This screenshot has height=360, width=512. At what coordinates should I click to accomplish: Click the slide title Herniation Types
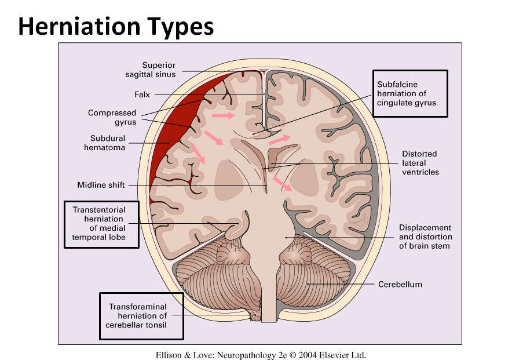coord(116,26)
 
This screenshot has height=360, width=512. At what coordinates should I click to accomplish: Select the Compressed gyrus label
coord(112,118)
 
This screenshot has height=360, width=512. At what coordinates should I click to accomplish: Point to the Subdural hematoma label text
coord(108,143)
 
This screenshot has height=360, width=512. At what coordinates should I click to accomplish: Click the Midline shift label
coord(101,186)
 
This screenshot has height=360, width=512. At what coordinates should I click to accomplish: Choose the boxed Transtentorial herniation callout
coord(101,224)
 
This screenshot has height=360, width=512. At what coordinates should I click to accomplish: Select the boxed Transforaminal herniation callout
coord(141,316)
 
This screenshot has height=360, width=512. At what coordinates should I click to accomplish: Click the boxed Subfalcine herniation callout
coord(409,93)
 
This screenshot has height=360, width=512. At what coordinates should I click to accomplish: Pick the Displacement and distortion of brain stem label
coord(425,237)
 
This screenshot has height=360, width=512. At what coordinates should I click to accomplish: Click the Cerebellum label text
coord(400,285)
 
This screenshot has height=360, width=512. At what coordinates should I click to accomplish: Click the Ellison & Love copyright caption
coord(261,355)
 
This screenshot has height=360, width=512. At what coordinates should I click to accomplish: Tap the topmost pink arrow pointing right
coord(224,116)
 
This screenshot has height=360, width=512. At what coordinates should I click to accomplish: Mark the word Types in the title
coord(180,26)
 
